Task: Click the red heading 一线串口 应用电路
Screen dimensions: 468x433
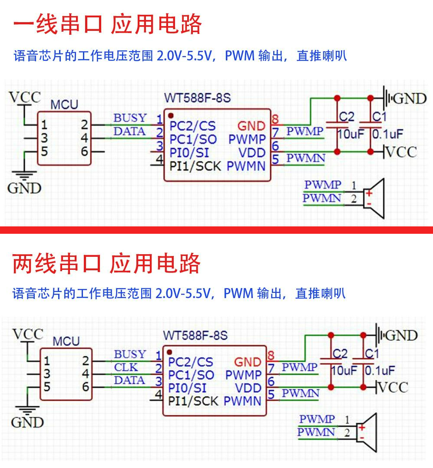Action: [107, 25]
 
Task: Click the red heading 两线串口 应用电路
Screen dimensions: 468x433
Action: [106, 263]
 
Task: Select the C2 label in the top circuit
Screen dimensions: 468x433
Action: [347, 116]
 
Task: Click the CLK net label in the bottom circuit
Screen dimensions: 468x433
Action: [126, 368]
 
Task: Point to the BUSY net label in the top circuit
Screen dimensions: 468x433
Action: [130, 118]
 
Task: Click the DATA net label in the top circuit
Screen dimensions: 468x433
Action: [129, 131]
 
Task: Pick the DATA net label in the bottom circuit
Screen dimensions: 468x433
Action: [129, 381]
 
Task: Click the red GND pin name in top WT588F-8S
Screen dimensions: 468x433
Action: [251, 126]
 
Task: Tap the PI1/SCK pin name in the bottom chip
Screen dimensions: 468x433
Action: [193, 401]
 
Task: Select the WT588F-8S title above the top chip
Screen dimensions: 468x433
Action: [197, 98]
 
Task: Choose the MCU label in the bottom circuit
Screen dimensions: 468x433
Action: [66, 341]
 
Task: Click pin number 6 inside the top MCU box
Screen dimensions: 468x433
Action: [84, 152]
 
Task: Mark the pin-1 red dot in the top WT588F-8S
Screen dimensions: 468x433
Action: [171, 116]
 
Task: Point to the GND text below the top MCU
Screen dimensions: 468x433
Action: [24, 188]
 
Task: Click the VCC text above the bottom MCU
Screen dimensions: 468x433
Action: [28, 335]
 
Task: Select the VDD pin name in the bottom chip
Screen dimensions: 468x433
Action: [248, 388]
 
